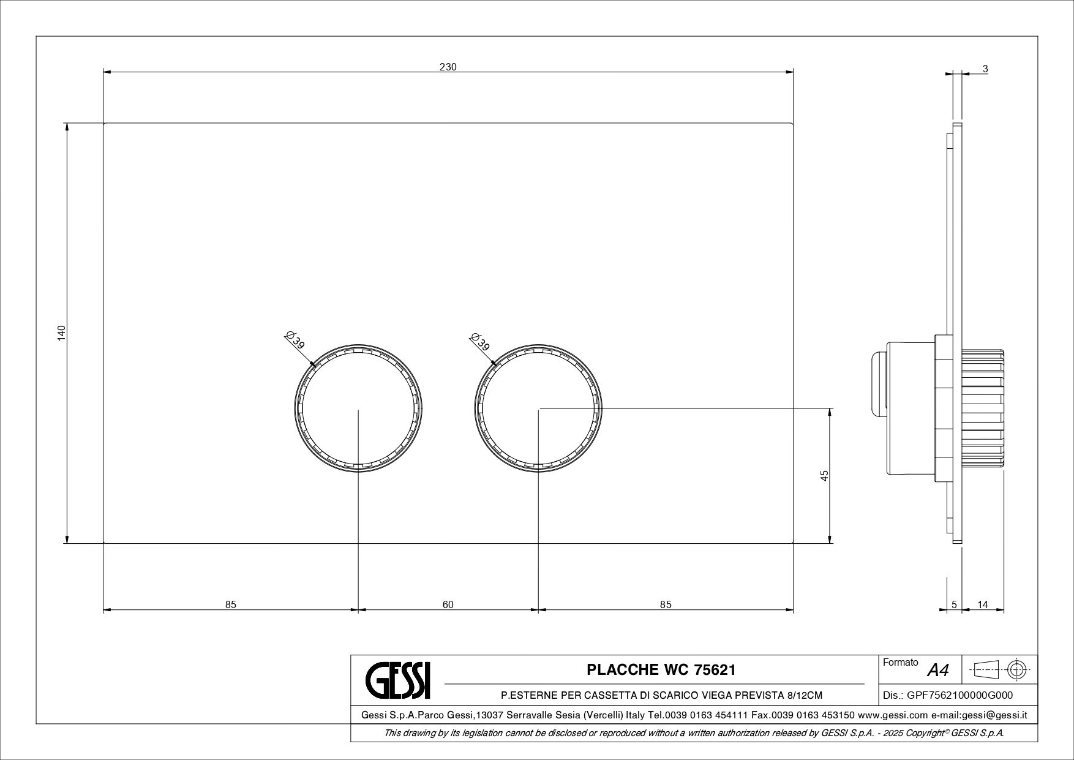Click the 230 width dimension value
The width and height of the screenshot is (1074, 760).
point(448,67)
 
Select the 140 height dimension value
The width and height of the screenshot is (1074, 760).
point(61,334)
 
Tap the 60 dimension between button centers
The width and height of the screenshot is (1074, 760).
point(448,604)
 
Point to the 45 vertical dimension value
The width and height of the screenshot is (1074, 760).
point(824,475)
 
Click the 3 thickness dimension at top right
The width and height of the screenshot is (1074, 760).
point(985,69)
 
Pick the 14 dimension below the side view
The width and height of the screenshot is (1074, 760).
point(983,604)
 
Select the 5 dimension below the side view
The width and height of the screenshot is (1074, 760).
point(954,604)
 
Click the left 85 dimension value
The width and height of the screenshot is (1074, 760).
point(230,604)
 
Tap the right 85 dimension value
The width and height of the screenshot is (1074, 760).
point(666,604)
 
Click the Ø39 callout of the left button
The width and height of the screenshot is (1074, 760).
point(295,340)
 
